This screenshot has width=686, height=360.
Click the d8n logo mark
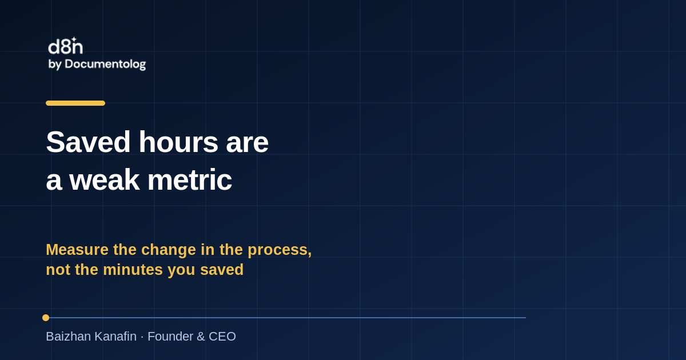point(66,46)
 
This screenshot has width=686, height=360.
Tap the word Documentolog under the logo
point(105,64)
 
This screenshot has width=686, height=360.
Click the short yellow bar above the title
point(75,103)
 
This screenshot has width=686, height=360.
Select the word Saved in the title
point(88,142)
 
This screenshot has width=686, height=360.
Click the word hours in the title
point(178,142)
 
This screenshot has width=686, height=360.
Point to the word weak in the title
point(105,180)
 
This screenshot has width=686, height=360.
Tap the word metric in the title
point(190,180)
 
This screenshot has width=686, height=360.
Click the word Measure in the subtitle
point(77,250)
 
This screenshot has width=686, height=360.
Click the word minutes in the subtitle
point(134,270)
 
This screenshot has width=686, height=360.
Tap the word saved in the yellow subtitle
point(222,270)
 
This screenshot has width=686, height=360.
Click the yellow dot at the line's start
point(46,318)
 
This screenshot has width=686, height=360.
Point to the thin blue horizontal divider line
point(287,318)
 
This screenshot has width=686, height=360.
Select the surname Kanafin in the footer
point(115,337)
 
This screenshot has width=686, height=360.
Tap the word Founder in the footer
point(170,337)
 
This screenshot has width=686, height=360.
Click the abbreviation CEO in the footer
point(222,337)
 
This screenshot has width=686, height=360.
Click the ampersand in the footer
point(201,337)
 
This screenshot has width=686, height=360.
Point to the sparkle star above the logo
point(74,39)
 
